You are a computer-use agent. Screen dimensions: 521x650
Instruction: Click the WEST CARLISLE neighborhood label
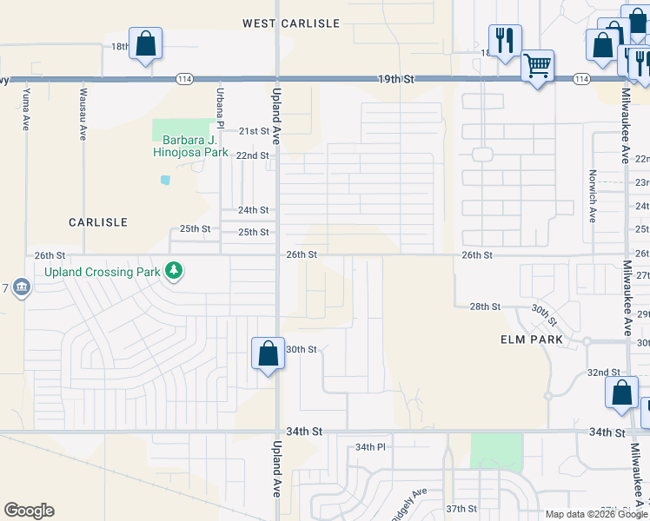(290, 23)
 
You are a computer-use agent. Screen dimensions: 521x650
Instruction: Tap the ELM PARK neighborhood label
(532, 340)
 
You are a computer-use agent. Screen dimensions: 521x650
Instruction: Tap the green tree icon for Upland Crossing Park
(175, 272)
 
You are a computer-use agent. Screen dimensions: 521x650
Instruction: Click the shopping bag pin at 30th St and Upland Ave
(268, 354)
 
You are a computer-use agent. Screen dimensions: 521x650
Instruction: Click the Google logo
(29, 511)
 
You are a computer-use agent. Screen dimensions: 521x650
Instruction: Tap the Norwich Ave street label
(592, 195)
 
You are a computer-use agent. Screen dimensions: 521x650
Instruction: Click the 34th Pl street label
(369, 447)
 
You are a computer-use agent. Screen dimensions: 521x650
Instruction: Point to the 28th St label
(485, 307)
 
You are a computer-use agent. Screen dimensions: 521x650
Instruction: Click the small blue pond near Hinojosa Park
(165, 181)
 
